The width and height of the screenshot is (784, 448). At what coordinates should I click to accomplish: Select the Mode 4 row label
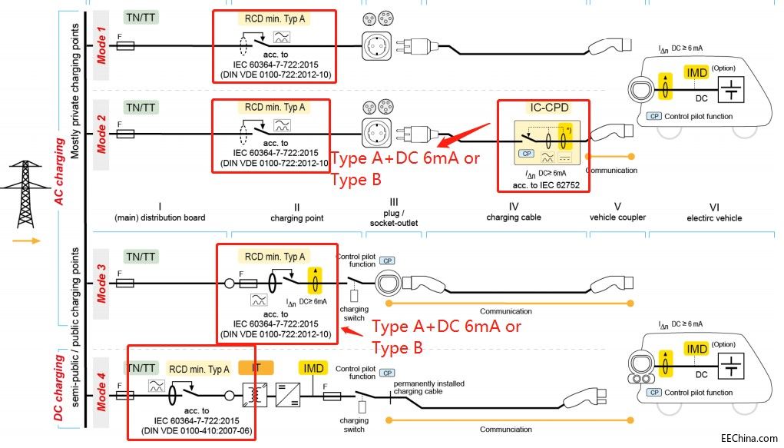(101, 391)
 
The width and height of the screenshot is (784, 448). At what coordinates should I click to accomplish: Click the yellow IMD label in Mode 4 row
(313, 369)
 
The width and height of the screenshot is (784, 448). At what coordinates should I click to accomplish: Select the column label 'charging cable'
(514, 217)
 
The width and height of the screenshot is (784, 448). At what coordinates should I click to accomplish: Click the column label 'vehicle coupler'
(617, 217)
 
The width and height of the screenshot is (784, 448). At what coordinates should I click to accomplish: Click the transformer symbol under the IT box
(251, 397)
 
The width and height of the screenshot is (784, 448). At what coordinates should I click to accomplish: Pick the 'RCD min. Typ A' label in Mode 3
(275, 257)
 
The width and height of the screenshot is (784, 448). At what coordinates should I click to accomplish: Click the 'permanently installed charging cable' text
(428, 387)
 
